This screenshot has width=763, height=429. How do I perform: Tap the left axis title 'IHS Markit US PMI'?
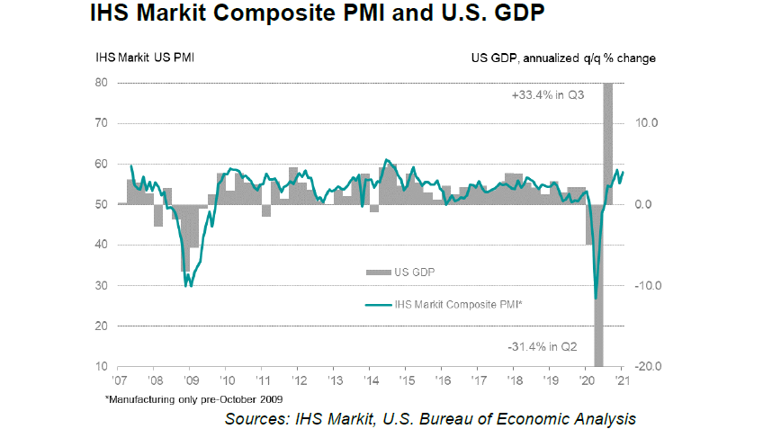coord(146,58)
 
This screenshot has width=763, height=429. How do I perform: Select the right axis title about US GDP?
coord(563,58)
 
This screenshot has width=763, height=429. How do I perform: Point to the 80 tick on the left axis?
coord(103,83)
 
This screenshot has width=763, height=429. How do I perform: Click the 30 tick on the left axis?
coord(103,286)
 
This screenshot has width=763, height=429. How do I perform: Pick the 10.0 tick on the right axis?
coord(649,123)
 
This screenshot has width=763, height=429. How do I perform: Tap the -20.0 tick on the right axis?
coord(647,367)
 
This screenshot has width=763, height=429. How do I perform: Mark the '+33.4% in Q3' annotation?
coord(544,94)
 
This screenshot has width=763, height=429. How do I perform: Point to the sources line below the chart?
coord(430,418)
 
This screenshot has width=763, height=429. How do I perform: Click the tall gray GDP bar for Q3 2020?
coord(608,135)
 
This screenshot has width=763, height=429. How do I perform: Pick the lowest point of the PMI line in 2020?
coord(596,298)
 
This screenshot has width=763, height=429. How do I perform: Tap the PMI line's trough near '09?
coord(187,285)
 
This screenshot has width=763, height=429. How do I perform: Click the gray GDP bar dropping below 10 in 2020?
coord(598,342)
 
